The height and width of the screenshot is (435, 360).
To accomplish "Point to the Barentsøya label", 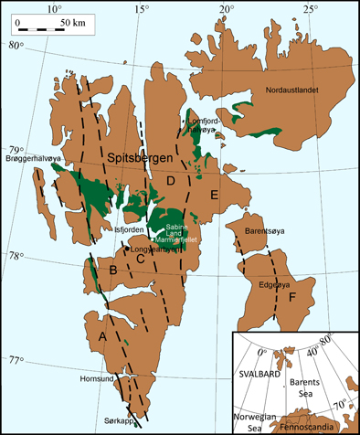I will click(x=264, y=233).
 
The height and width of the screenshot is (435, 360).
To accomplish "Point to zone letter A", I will click(x=102, y=337).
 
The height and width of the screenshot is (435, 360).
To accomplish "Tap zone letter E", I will click(x=214, y=195).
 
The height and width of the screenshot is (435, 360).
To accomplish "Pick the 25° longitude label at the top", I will click(x=310, y=11).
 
